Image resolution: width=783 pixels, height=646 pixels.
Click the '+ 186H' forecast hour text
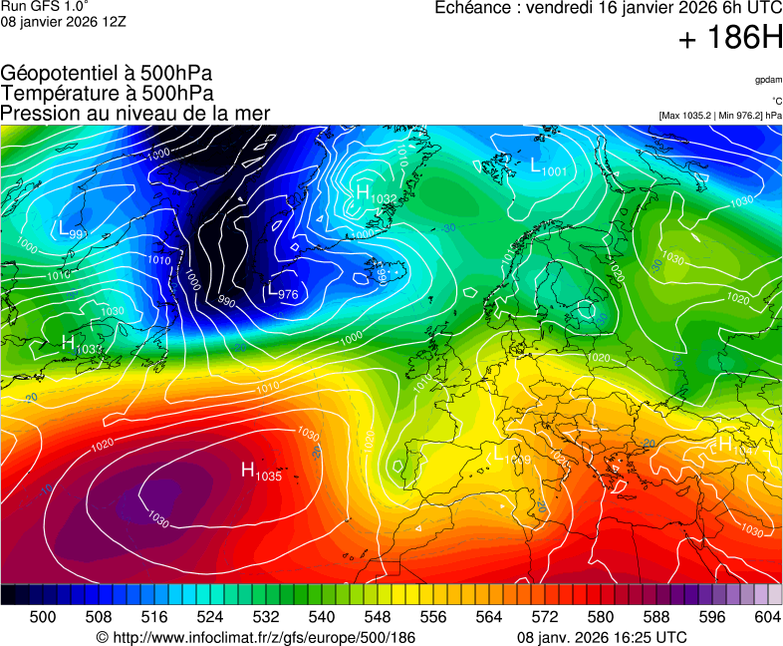tap(730, 39)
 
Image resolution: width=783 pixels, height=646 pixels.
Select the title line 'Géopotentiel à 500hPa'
tap(107, 74)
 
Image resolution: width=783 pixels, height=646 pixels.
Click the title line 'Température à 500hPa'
tap(107, 93)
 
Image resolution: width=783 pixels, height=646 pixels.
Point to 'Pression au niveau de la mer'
tap(135, 113)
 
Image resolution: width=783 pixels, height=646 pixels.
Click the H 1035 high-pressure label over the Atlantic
tap(262, 471)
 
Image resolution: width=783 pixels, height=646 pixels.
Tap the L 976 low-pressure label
tap(283, 292)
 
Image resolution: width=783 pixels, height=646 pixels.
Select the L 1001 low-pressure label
tap(548, 167)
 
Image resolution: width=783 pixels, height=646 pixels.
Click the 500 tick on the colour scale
tap(43, 617)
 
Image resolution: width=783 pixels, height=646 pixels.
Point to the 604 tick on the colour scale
tap(765, 617)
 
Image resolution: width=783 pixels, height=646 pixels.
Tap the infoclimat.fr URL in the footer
tap(255, 637)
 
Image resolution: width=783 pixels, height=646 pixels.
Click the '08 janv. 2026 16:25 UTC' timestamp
tap(602, 637)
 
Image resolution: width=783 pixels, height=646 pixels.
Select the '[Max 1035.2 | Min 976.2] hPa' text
tap(719, 116)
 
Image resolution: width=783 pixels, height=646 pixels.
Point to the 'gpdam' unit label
tap(767, 79)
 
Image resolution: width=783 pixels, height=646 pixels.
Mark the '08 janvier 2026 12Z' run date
tap(63, 21)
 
